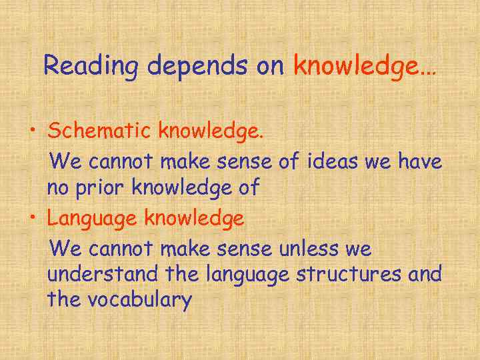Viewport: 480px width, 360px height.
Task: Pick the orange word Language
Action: pyautogui.click(x=93, y=218)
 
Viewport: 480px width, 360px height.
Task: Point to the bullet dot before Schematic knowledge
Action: pyautogui.click(x=32, y=131)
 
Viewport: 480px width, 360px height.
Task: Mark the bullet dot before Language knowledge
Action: pyautogui.click(x=32, y=217)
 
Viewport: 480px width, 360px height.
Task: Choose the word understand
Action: pyautogui.click(x=103, y=274)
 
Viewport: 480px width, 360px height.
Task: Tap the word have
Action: pyautogui.click(x=419, y=161)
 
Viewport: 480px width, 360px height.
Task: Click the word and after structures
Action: pyautogui.click(x=425, y=274)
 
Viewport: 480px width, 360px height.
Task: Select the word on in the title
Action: pyautogui.click(x=273, y=66)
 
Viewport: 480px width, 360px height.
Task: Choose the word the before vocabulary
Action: pyautogui.click(x=63, y=300)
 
